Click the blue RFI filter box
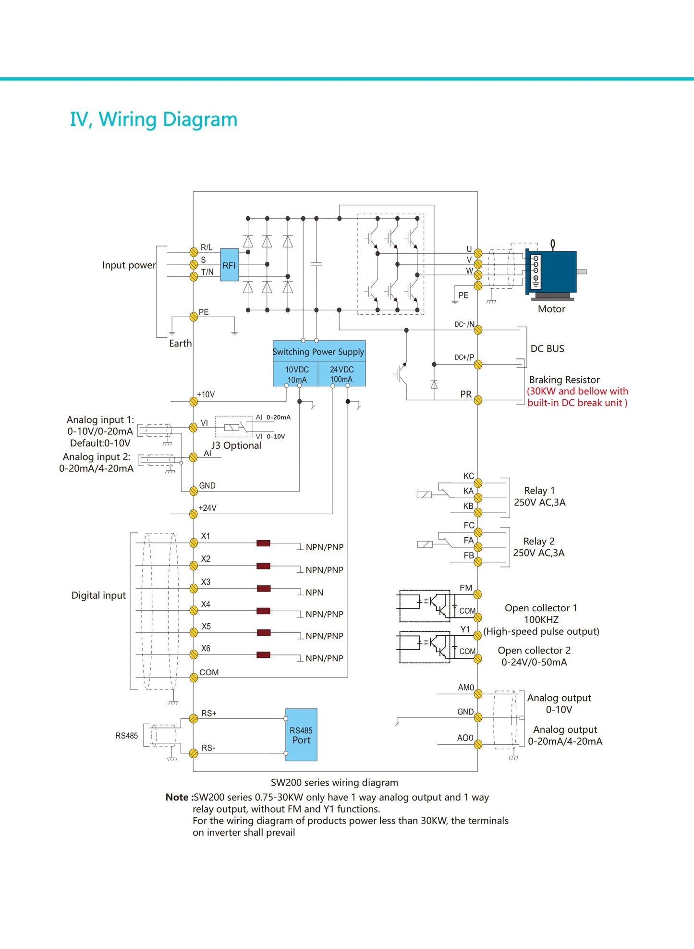pos(229,265)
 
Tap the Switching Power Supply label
pos(318,352)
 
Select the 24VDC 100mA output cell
pos(341,374)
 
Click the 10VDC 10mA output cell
pos(296,374)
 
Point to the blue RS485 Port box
pos(301,735)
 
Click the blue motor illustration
pos(552,271)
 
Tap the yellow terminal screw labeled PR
pos(478,400)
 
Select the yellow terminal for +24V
pos(194,514)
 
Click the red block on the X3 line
pos(263,589)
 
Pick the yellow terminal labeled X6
pos(194,654)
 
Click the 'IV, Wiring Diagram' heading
pos(154,119)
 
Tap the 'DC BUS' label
pos(547,349)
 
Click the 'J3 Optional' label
pos(236,445)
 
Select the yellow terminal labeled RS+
pos(194,719)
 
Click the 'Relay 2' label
pos(539,541)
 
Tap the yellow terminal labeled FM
pos(477,595)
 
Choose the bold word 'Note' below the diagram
pos(177,797)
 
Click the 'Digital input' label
pos(98,595)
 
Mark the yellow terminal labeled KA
pos(478,498)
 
